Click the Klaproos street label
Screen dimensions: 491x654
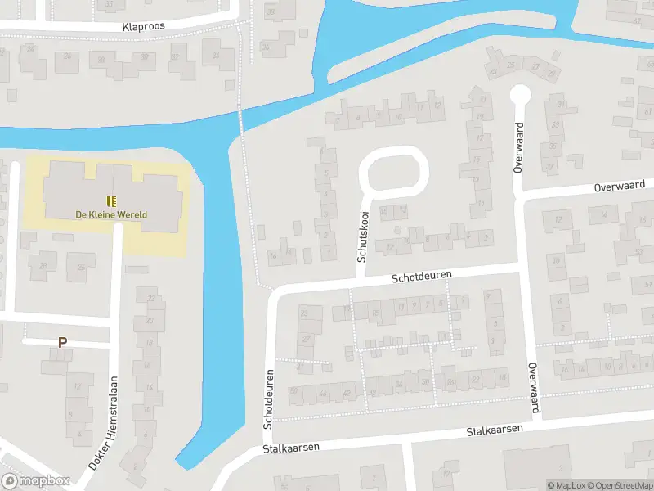tap(143, 26)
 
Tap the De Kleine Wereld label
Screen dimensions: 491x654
tap(111, 214)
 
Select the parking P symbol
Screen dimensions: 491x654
tap(61, 343)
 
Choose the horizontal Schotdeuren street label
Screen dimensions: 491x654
tap(421, 278)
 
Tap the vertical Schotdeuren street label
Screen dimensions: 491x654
tap(267, 399)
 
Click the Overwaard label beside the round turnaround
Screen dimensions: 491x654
tap(517, 146)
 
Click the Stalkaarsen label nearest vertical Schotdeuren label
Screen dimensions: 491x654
tap(290, 448)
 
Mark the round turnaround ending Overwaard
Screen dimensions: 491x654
tap(518, 94)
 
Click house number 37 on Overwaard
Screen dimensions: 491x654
tap(549, 168)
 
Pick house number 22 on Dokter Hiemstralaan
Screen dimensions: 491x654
tap(150, 298)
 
